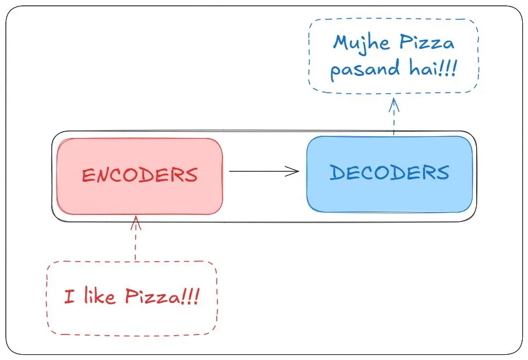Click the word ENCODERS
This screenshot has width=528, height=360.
(139, 175)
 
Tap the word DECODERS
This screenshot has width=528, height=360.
(389, 172)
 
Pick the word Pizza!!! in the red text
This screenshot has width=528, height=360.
(162, 298)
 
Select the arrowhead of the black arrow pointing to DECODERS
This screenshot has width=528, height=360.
(293, 171)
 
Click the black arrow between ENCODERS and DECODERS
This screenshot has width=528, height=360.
(262, 171)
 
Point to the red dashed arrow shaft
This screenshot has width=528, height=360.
(136, 245)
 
